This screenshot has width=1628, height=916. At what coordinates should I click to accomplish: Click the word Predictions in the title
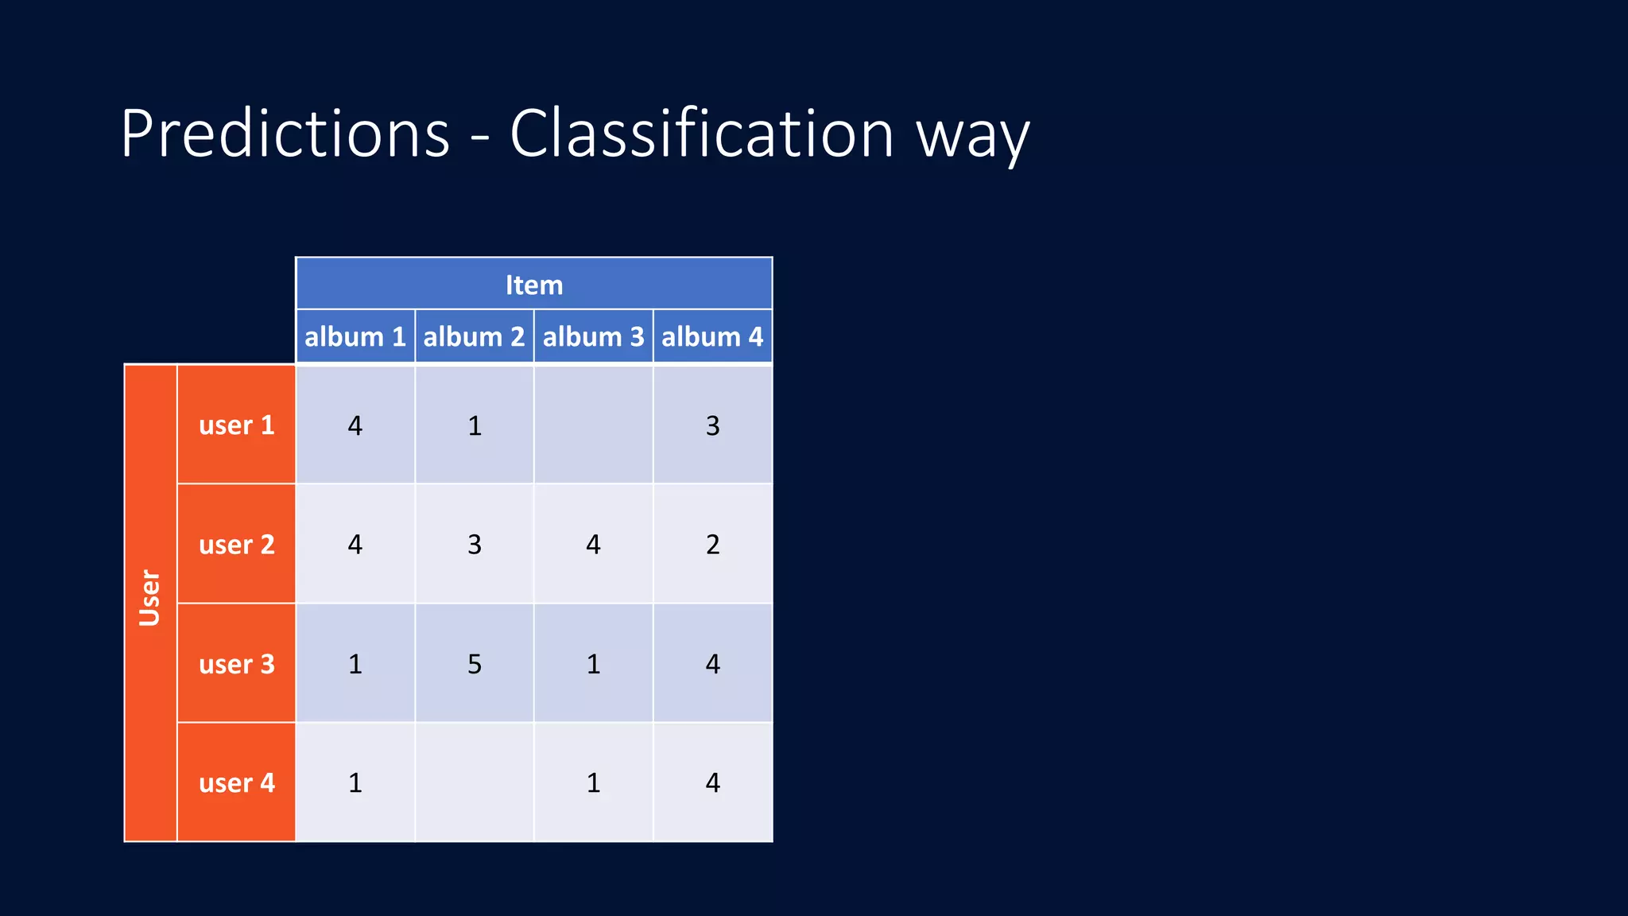[x=285, y=134]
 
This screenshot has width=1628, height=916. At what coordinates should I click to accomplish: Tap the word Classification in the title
[x=701, y=134]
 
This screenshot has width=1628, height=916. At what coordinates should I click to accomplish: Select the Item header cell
[x=534, y=284]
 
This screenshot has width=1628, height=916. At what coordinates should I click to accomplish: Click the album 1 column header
[x=355, y=336]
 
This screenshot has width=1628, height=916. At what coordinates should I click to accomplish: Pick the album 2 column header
[x=474, y=336]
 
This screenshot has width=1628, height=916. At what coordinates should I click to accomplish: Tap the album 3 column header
[x=593, y=336]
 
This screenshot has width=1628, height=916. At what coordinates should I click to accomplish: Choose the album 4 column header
[x=712, y=336]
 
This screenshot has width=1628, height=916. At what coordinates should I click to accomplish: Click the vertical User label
[x=150, y=598]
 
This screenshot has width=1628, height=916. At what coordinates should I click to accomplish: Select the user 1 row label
[x=236, y=425]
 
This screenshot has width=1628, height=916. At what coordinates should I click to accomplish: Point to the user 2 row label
[x=236, y=544]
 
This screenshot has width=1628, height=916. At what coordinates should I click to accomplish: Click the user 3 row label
[x=236, y=663]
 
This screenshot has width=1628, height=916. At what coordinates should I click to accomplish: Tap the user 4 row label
[x=236, y=782]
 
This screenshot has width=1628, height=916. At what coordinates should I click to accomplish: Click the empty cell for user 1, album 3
[x=593, y=425]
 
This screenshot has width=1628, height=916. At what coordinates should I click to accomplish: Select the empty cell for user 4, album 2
[x=474, y=782]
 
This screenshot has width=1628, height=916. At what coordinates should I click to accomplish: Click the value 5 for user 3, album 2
[x=475, y=664]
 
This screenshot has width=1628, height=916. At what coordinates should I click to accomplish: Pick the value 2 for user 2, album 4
[x=712, y=545]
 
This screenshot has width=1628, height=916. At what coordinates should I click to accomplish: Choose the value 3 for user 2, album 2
[x=475, y=545]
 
